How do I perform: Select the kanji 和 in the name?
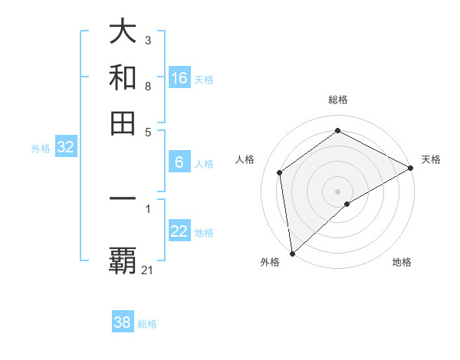(x=123, y=77)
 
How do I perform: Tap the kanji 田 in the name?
(x=123, y=123)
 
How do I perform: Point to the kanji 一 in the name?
(x=123, y=198)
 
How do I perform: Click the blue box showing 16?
(x=179, y=78)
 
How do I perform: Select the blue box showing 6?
(x=179, y=162)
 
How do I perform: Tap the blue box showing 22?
(x=179, y=231)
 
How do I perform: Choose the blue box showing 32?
(x=65, y=148)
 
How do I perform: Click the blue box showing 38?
(x=123, y=322)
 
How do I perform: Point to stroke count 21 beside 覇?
(x=148, y=270)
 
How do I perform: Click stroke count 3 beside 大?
(x=147, y=40)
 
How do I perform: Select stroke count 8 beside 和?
(x=147, y=86)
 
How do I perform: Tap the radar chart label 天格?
(x=431, y=159)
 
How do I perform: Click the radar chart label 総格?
(x=338, y=100)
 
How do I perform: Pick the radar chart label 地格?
(x=402, y=262)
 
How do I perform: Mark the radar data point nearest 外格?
(x=292, y=254)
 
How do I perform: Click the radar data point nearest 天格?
(x=410, y=168)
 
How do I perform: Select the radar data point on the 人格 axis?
(x=280, y=172)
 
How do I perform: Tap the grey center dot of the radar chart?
(x=338, y=191)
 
